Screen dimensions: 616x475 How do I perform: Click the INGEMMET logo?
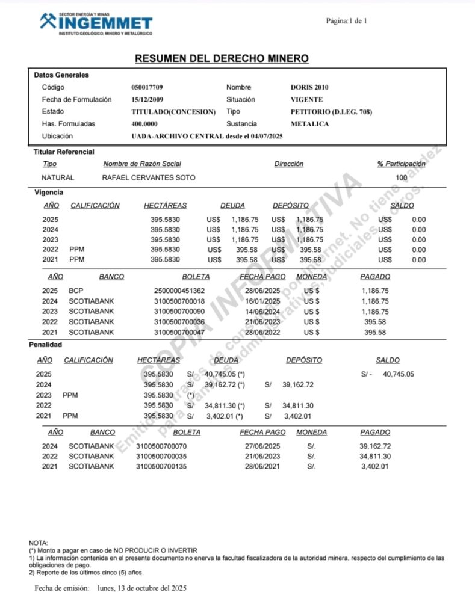(x=96, y=22)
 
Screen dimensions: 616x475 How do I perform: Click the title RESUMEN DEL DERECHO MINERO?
(x=222, y=58)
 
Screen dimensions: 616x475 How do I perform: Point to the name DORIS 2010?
(x=309, y=87)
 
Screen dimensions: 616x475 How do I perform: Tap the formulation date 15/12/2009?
(x=147, y=99)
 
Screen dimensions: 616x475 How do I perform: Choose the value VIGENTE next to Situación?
(x=306, y=99)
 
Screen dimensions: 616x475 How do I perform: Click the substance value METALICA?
(x=309, y=124)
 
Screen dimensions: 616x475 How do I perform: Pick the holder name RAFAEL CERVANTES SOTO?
(x=149, y=178)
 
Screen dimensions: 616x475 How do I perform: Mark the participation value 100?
(x=402, y=178)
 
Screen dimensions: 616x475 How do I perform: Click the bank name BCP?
(x=75, y=291)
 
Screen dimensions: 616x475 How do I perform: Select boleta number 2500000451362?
(x=179, y=291)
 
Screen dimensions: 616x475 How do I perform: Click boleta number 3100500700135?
(x=162, y=466)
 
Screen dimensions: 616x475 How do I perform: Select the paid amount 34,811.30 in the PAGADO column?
(x=376, y=457)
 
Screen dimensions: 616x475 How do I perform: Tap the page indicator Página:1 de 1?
(x=346, y=21)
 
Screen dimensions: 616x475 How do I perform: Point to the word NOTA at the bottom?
(x=38, y=543)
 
